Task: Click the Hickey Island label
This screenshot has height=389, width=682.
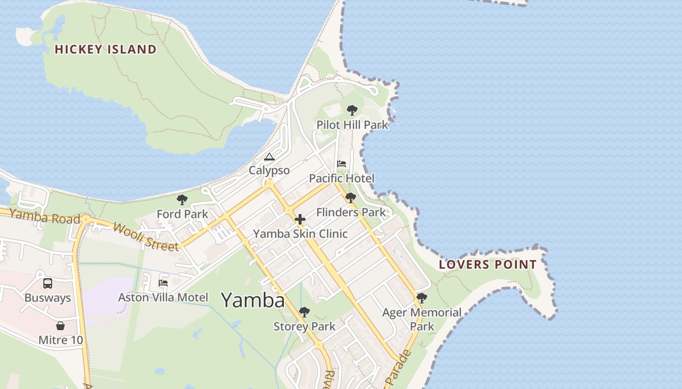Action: [x=105, y=49]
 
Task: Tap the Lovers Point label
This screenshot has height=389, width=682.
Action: [x=488, y=265]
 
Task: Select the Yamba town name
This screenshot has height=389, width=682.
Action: [x=253, y=300]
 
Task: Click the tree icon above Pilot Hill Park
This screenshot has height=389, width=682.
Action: [x=352, y=110]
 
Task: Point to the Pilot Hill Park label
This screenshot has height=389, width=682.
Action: [x=352, y=124]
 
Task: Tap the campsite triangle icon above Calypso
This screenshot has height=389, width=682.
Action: [x=269, y=157]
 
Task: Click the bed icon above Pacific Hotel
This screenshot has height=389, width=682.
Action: [x=341, y=164]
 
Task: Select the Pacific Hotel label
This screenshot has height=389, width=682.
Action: [x=341, y=178]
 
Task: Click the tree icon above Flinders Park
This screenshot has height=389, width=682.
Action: [x=350, y=198]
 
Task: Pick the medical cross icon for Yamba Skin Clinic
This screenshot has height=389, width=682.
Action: [x=300, y=220]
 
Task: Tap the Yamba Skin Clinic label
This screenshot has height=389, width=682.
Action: [x=300, y=234]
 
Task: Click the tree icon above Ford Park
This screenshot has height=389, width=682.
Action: [x=182, y=200]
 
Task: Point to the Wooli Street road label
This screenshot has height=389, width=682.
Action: [x=146, y=236]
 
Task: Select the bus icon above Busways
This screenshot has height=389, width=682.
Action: [x=48, y=283]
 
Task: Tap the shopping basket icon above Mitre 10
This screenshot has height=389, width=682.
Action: [x=60, y=326]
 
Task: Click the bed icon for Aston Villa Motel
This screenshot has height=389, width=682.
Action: [x=163, y=283]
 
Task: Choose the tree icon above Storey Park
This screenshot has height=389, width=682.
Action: [x=304, y=312]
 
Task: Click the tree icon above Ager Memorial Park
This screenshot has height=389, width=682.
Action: [x=422, y=298]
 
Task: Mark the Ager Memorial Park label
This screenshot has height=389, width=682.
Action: [x=422, y=319]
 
